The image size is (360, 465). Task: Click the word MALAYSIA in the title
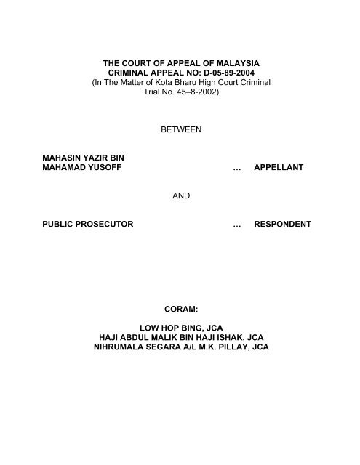click(x=238, y=63)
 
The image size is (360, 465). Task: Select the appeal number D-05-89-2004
click(x=229, y=73)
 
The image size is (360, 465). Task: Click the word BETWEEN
click(x=181, y=129)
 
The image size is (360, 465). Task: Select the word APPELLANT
click(x=279, y=167)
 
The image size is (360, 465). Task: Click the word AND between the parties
click(x=181, y=195)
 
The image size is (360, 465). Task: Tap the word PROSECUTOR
click(x=104, y=224)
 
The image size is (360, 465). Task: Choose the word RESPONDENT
click(x=282, y=224)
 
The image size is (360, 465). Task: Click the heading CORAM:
click(x=181, y=309)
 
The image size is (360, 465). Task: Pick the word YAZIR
click(x=95, y=158)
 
